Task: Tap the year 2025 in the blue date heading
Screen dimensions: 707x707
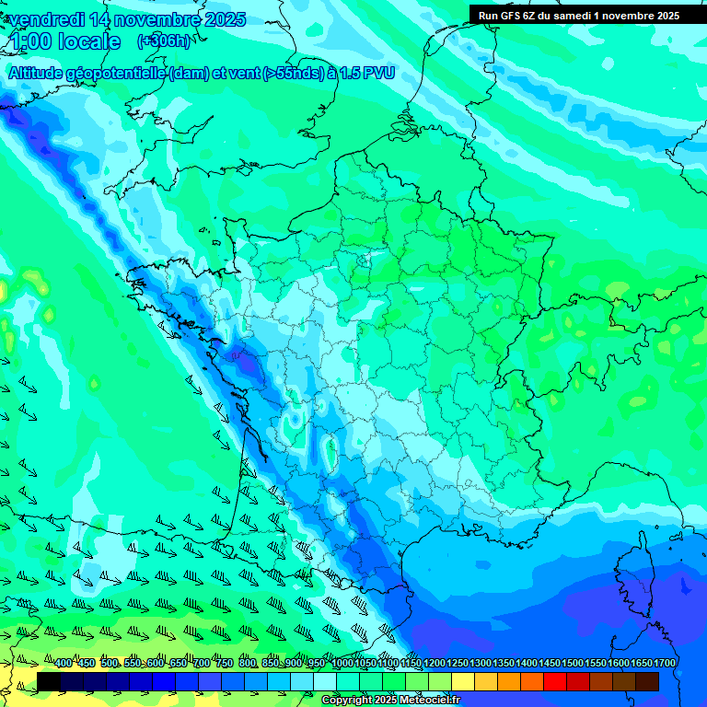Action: (219, 19)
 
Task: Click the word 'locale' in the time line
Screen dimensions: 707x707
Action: (89, 41)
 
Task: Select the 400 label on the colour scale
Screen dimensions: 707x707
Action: (63, 664)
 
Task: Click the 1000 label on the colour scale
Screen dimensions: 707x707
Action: (342, 664)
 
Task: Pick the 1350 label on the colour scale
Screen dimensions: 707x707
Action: (504, 664)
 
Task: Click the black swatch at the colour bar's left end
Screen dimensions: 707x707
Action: (49, 681)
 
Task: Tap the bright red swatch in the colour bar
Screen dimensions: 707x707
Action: (554, 681)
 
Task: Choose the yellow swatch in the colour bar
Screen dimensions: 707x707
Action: (463, 681)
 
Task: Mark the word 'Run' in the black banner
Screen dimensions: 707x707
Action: (488, 16)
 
